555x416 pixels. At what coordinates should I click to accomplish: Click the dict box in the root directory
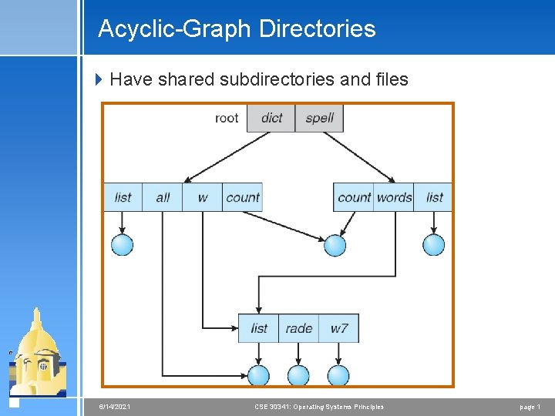click(271, 118)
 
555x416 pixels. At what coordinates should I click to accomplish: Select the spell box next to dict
click(319, 118)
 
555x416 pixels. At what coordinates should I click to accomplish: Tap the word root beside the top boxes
click(227, 118)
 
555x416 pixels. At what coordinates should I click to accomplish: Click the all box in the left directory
click(163, 197)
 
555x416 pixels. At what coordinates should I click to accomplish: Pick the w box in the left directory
click(202, 197)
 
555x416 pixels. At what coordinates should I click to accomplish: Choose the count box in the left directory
click(242, 197)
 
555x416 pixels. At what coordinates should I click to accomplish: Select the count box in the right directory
click(354, 197)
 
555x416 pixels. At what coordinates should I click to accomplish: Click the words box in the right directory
click(394, 197)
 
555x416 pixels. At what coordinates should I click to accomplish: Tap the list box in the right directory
click(434, 197)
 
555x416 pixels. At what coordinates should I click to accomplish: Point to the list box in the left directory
click(123, 197)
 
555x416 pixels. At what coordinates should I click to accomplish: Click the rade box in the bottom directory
click(298, 328)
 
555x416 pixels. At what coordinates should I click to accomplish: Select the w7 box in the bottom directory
click(339, 328)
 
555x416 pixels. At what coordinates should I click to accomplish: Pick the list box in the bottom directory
click(259, 328)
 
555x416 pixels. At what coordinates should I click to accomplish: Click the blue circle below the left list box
click(123, 245)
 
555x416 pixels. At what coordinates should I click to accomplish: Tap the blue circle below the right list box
click(434, 245)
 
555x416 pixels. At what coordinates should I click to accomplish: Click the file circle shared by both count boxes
click(335, 245)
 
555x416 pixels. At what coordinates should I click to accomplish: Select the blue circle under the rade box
click(298, 375)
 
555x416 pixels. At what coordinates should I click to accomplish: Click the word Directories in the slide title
click(317, 29)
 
